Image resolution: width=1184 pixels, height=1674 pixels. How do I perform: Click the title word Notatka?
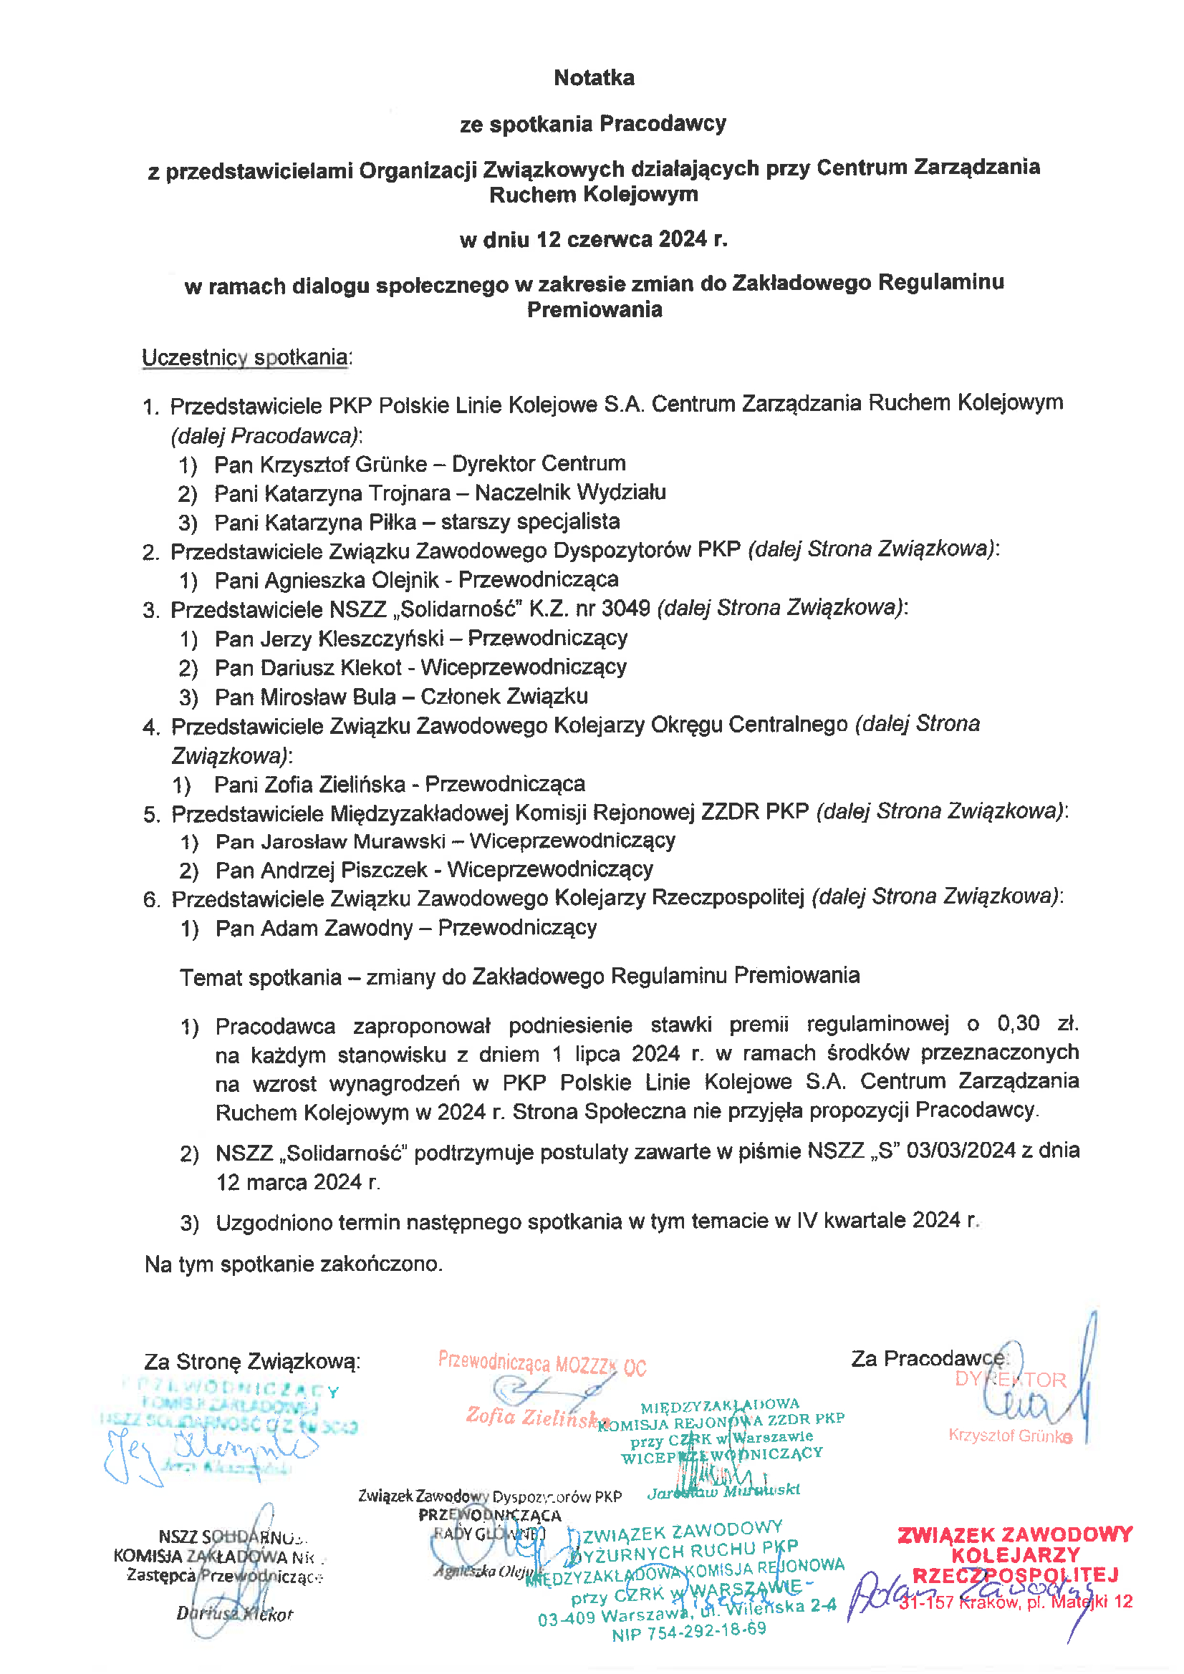(x=594, y=77)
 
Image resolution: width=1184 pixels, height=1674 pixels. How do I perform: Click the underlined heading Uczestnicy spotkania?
(x=245, y=357)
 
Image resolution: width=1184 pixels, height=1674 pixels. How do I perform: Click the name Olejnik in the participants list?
(x=405, y=581)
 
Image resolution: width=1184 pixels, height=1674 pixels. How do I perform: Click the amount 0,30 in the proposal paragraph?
(x=1018, y=1024)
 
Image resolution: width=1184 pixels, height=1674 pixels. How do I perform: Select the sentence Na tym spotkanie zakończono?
(x=293, y=1264)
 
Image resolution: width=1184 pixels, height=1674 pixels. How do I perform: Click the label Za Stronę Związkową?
(x=251, y=1361)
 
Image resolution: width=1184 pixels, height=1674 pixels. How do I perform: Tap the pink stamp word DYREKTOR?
(x=1011, y=1380)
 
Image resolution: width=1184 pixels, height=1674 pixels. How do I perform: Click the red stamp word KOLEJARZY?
(x=1015, y=1554)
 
